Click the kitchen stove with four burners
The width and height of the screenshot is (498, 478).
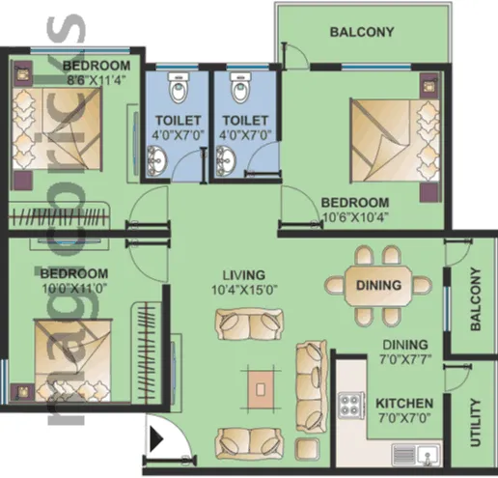pos(351,405)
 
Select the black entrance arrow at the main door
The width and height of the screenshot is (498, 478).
pos(157,438)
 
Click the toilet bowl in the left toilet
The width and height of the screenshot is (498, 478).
pos(179,88)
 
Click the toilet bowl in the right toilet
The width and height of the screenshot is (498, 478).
pos(240,88)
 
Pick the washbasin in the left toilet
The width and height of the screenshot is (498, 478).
pos(157,161)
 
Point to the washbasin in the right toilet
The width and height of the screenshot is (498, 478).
pos(226,161)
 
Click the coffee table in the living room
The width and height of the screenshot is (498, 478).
pos(261,389)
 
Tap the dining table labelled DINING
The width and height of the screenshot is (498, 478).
pos(378,285)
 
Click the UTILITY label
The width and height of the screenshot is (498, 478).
pos(475,423)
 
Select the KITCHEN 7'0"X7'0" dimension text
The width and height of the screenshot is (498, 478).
pos(404,418)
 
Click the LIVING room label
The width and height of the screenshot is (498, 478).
pos(244,275)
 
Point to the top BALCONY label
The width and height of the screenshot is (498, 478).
pos(362,32)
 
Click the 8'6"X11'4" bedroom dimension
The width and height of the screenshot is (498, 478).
pos(96,80)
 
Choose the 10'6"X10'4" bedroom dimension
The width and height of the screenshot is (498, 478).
pos(355,217)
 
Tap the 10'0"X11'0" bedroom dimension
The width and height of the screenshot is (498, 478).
pos(74,289)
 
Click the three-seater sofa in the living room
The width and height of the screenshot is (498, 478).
pos(312,386)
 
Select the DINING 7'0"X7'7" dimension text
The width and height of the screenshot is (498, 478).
pos(405,359)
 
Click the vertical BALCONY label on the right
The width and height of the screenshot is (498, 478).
pos(475,299)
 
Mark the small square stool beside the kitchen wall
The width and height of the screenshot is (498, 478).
pos(308,449)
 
